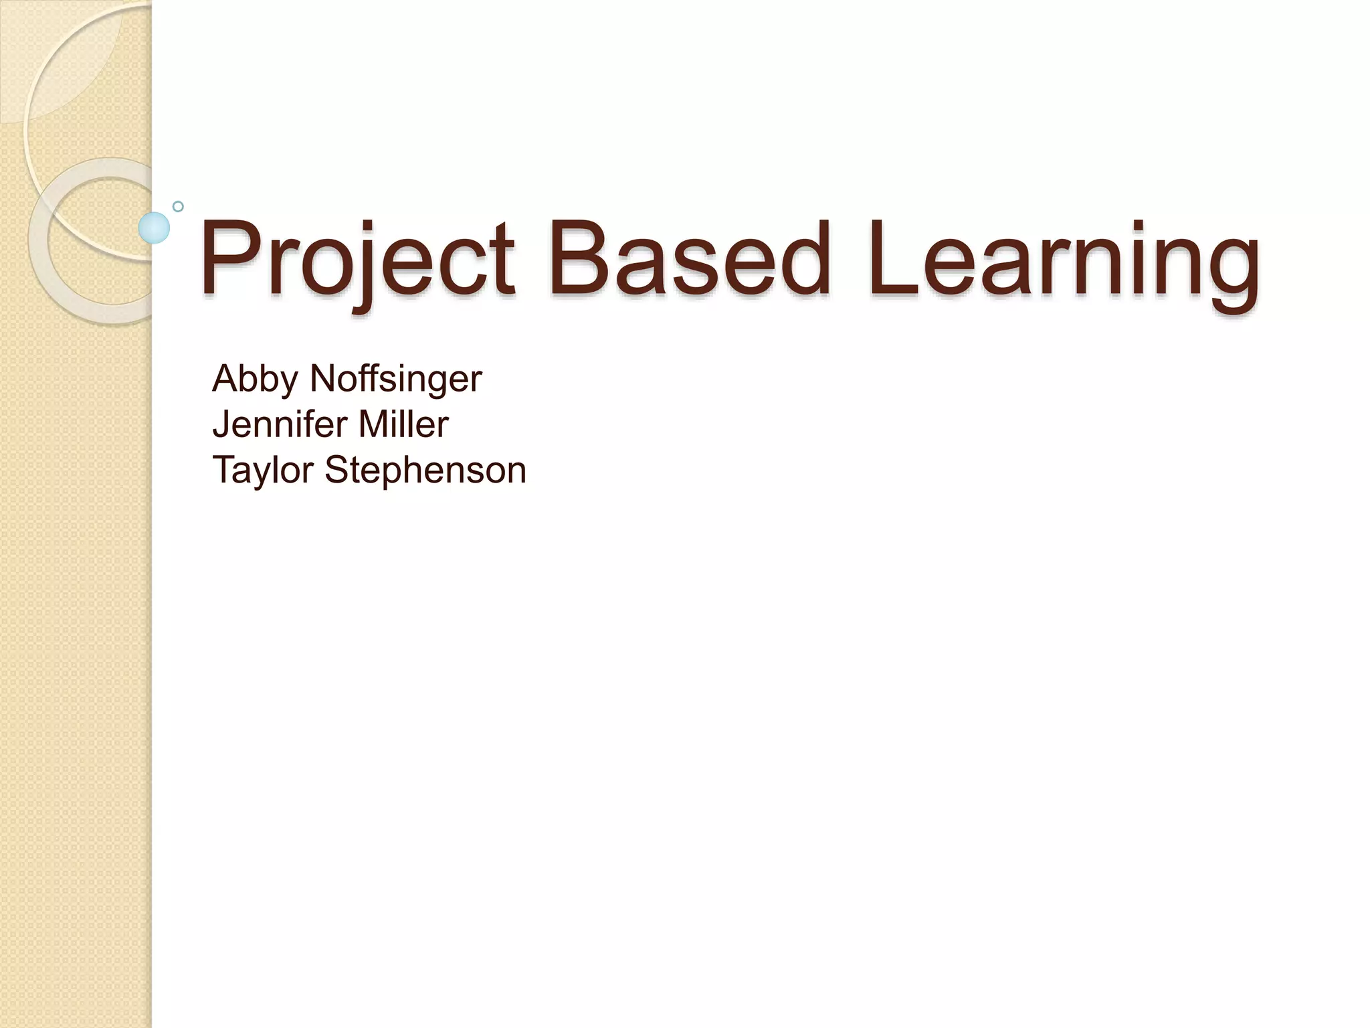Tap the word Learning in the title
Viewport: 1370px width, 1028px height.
tap(1064, 261)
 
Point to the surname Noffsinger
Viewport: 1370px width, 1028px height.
tap(395, 380)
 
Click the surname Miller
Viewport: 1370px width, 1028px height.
tap(403, 424)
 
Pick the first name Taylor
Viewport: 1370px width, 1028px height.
tap(262, 471)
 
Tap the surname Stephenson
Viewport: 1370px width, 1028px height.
tap(425, 471)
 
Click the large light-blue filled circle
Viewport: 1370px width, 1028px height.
tap(154, 228)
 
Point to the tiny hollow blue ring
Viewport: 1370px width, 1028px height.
tap(178, 206)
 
